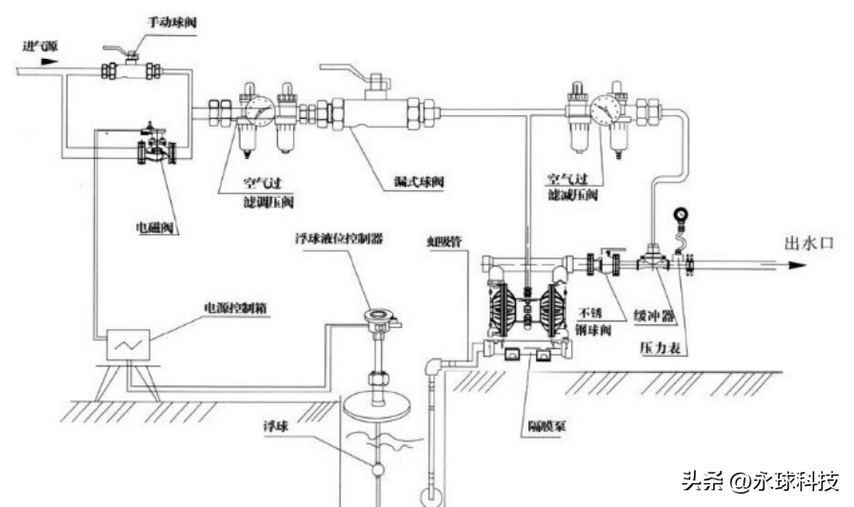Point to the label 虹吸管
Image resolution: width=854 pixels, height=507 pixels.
(445, 242)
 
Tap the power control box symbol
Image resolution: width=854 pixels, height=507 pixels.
(126, 344)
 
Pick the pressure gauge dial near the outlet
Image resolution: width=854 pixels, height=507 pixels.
(679, 216)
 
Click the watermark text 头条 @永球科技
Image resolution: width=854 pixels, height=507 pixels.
(760, 481)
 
